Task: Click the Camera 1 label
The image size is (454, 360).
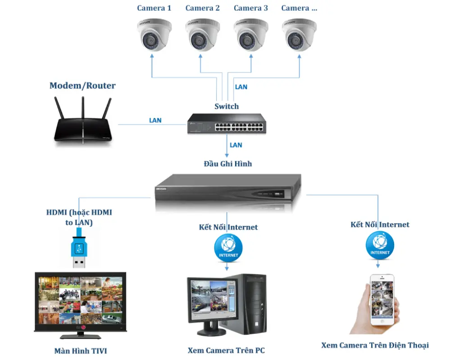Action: pyautogui.click(x=154, y=8)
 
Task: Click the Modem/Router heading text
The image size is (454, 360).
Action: pyautogui.click(x=82, y=85)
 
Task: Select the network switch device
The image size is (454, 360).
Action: pyautogui.click(x=227, y=124)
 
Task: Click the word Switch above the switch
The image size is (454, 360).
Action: pyautogui.click(x=227, y=107)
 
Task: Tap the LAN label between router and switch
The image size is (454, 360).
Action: pyautogui.click(x=155, y=121)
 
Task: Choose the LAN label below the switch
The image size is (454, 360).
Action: pyautogui.click(x=236, y=145)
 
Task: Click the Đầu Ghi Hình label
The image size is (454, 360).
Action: pyautogui.click(x=228, y=164)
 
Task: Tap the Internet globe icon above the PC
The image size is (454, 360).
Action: pyautogui.click(x=228, y=248)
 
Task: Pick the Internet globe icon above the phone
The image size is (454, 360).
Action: pyautogui.click(x=380, y=245)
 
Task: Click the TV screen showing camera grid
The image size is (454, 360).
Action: pyautogui.click(x=80, y=300)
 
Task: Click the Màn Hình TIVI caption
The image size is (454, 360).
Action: pyautogui.click(x=81, y=351)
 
